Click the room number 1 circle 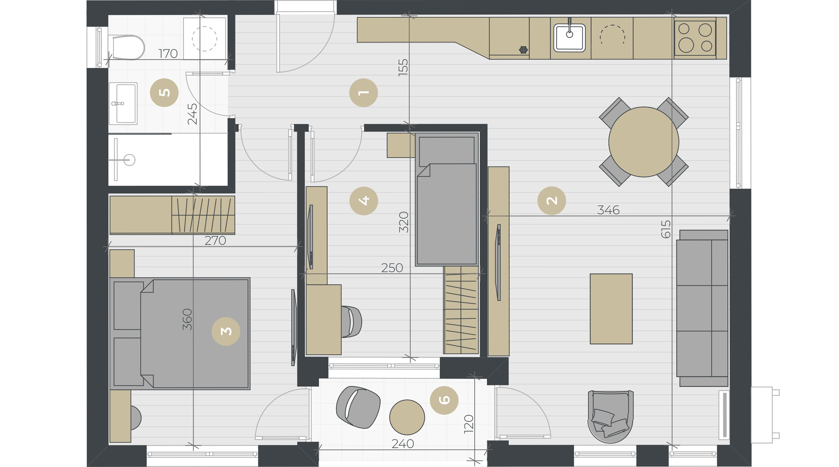point(363,93)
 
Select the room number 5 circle point(164,93)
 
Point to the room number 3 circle point(226,331)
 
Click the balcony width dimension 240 point(403,444)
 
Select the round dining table point(644,142)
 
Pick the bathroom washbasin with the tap point(123,103)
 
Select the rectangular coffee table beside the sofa point(611,308)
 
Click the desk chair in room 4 point(351,322)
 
